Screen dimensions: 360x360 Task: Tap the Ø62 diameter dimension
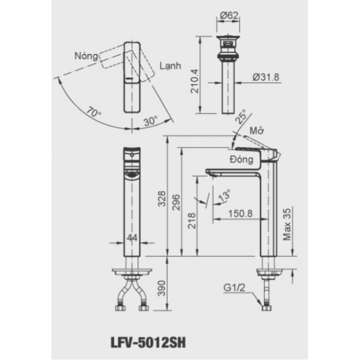point(228,16)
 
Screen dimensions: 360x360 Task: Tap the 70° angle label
point(94,113)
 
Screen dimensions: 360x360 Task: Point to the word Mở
point(256,131)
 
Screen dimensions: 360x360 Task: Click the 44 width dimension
point(132,238)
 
